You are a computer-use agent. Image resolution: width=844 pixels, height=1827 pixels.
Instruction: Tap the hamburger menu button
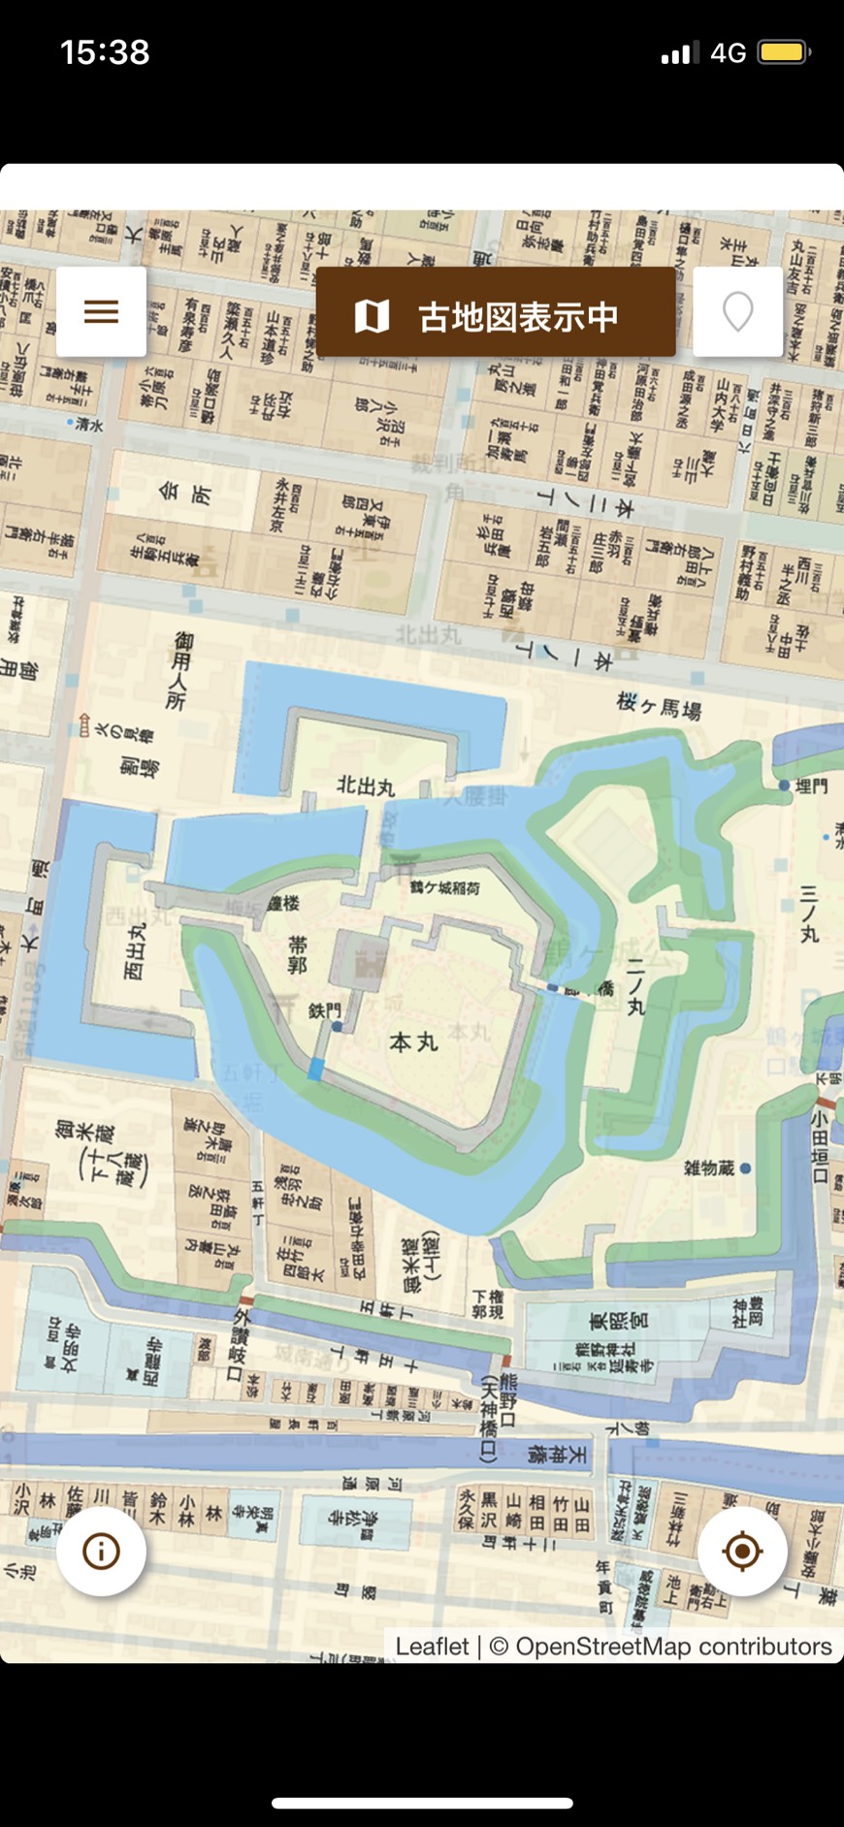[x=101, y=311]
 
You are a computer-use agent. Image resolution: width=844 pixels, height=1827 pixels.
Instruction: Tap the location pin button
[x=737, y=311]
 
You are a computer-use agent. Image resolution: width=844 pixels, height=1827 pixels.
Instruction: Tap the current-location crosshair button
[x=742, y=1552]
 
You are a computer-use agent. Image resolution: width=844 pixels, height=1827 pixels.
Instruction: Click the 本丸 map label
[x=414, y=1042]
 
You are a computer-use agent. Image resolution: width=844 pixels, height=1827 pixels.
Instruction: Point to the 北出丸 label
[x=366, y=785]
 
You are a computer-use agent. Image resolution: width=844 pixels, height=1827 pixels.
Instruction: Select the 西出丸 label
[x=135, y=950]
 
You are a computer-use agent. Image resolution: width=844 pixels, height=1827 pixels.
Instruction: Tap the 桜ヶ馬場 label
[x=659, y=706]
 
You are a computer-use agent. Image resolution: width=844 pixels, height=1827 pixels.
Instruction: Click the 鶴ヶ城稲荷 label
[x=444, y=886]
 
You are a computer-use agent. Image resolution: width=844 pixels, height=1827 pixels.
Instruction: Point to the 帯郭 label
[x=298, y=954]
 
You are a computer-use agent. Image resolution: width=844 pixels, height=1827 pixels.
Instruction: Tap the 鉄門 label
[x=324, y=1010]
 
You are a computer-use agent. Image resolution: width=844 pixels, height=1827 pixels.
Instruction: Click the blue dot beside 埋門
[x=784, y=785]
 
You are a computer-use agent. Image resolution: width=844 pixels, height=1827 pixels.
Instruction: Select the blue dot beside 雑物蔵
[x=745, y=1169]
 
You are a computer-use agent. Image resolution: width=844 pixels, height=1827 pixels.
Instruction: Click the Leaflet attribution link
[x=432, y=1646]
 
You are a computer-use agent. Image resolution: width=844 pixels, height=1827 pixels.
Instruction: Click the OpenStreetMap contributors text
[x=673, y=1646]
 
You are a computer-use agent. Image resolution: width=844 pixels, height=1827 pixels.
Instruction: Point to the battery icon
[x=784, y=51]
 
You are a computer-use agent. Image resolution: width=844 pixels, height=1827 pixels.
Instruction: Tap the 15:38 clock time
[x=105, y=51]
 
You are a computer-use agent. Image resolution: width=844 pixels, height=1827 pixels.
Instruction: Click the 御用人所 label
[x=180, y=671]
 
